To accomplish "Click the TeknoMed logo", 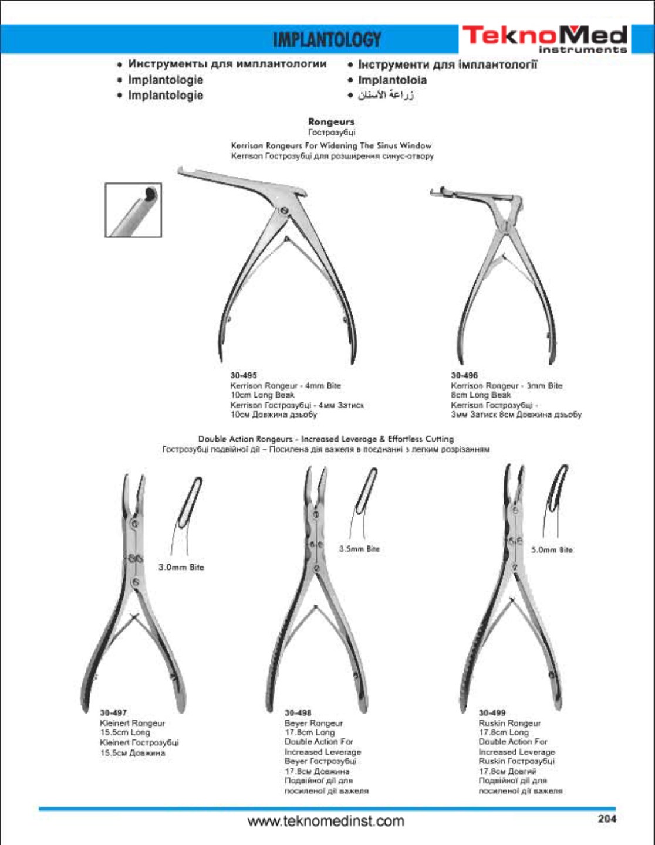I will [x=544, y=39].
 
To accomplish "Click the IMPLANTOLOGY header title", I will [x=327, y=40].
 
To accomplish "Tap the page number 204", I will [x=607, y=819].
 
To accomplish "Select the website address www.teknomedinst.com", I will [x=326, y=821].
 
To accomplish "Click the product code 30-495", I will [x=243, y=375].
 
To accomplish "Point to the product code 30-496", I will [x=464, y=375].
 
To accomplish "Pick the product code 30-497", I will [x=113, y=713].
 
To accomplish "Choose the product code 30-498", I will [x=298, y=713].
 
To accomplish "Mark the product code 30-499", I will [x=492, y=713].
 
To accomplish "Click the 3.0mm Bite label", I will [x=181, y=567].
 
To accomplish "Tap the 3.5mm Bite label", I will [x=359, y=549].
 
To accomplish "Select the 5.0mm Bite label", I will [x=552, y=550].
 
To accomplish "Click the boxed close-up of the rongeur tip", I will [x=133, y=210].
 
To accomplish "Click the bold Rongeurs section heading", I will [x=331, y=122].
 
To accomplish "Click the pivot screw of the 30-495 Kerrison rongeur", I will [x=284, y=211].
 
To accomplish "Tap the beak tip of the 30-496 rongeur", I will [x=433, y=192].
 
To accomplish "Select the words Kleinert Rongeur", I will [x=132, y=723].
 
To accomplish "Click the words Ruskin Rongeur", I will [x=509, y=723].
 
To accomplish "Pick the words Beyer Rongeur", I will [x=313, y=723].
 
